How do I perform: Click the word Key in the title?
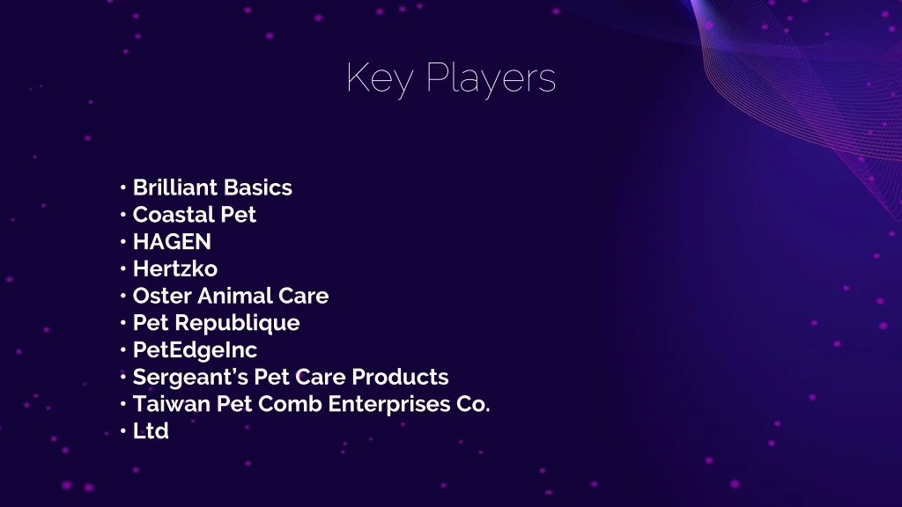tap(380, 78)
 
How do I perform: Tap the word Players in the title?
tap(492, 78)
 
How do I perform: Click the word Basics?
tap(257, 187)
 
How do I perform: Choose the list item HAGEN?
tap(172, 241)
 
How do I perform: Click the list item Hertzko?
tap(175, 268)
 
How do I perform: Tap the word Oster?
tap(162, 296)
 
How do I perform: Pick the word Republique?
tap(237, 323)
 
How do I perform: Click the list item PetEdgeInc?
tap(195, 350)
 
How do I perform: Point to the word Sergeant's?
tap(190, 377)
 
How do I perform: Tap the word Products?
tap(400, 377)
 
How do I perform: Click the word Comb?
tap(290, 403)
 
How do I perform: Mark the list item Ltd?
tap(151, 430)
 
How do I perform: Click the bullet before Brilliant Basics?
tap(123, 187)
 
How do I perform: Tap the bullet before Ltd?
tap(123, 430)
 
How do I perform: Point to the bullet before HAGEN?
tap(123, 241)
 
